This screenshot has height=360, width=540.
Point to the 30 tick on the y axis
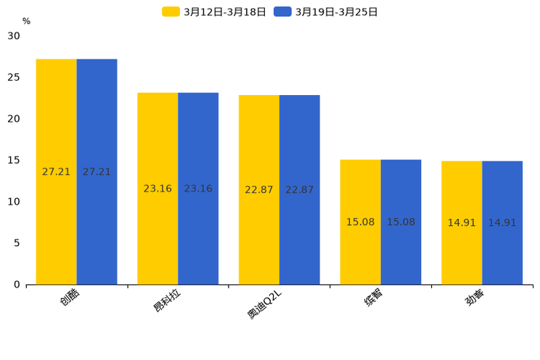coord(14,36)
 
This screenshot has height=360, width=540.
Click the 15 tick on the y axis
coord(14,160)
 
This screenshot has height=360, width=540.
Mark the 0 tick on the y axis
coord(17,285)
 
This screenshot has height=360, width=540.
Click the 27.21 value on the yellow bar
coord(57,172)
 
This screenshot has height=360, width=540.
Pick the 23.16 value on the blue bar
coord(198,189)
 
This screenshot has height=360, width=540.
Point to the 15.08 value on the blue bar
coord(401,222)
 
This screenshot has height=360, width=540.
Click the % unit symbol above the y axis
coord(26,21)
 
